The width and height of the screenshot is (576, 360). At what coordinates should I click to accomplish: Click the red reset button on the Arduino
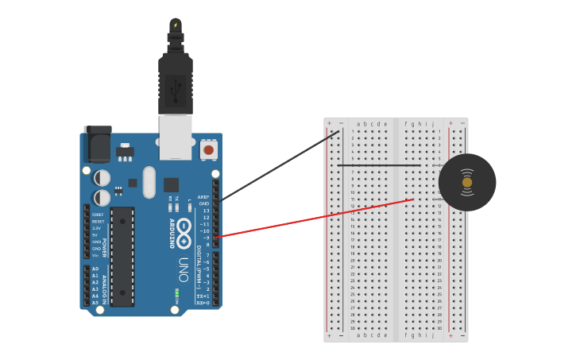coord(208,149)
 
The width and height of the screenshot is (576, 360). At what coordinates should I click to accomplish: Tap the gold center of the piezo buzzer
coord(467,183)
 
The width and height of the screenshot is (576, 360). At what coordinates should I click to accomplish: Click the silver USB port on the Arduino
coord(176,137)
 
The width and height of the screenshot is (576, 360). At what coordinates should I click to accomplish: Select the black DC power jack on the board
coord(97,145)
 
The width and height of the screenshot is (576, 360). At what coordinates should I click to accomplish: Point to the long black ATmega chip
coord(122,256)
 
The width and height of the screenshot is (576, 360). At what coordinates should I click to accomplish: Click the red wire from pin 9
coord(318,217)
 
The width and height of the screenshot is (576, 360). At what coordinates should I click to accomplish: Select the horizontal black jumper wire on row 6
coord(379,165)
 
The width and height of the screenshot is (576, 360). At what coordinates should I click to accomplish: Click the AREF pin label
coord(203,197)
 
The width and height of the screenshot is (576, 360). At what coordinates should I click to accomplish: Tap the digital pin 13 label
coord(206,211)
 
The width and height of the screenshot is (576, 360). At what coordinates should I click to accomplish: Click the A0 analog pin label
coord(95,269)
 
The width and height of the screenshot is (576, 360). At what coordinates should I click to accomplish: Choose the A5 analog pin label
coord(95,302)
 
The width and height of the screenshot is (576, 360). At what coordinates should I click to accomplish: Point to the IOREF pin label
coord(98,215)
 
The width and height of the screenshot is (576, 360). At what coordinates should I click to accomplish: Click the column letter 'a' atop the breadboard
coord(358,124)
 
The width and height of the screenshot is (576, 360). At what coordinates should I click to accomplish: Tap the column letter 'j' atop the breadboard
coord(433,124)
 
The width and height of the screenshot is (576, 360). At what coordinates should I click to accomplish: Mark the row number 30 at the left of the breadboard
coord(352,328)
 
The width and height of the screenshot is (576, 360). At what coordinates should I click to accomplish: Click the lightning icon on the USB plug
coord(176,25)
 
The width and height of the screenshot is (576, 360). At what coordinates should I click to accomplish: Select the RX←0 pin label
coord(203,303)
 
